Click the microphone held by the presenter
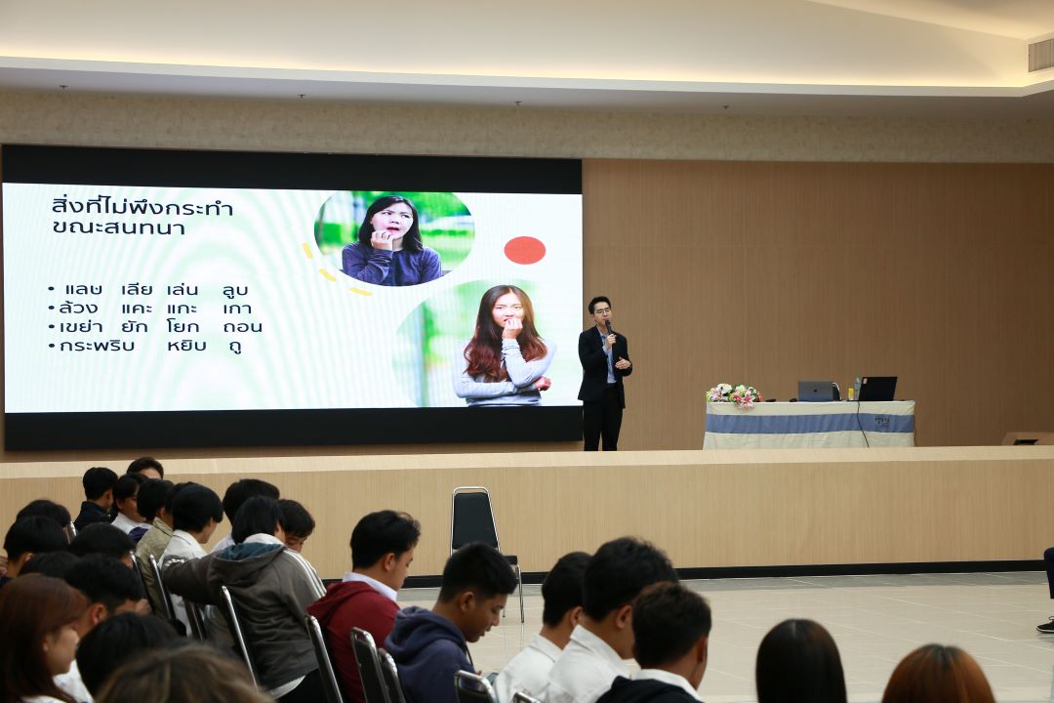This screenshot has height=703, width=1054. [x=609, y=329]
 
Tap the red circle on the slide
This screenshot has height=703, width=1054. [x=525, y=250]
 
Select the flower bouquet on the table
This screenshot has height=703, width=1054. [x=733, y=394]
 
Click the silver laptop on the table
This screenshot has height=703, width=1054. [x=816, y=391]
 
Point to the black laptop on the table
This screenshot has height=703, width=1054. [x=877, y=389]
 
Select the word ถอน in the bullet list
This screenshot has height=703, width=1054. [x=243, y=327]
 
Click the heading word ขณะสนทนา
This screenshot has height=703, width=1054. [x=118, y=227]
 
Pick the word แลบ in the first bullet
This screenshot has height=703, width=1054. [x=83, y=290]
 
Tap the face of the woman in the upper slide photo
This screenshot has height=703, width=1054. [x=393, y=220]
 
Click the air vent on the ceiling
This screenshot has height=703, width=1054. [x=1040, y=54]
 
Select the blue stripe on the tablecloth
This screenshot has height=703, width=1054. [x=809, y=423]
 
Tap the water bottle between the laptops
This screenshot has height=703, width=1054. [x=857, y=389]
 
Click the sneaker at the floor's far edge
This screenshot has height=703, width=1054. [x=1046, y=625]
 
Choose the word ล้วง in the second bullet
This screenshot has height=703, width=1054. [x=79, y=309]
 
